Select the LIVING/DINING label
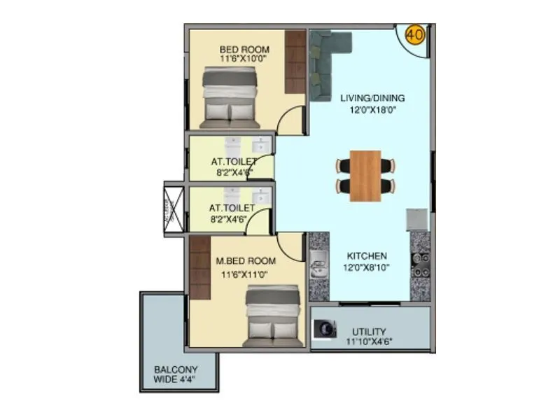(x=372, y=98)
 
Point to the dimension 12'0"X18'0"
(x=372, y=110)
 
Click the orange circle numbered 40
(x=414, y=34)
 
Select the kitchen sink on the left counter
(x=318, y=267)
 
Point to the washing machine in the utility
(x=324, y=329)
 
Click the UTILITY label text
(x=369, y=332)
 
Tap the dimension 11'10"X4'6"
(x=369, y=342)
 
